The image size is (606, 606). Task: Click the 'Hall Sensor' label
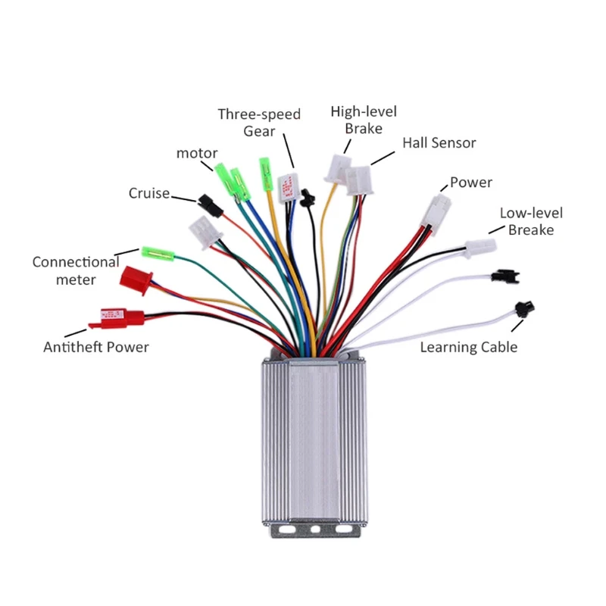(439, 142)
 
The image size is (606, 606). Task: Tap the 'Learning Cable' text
(469, 347)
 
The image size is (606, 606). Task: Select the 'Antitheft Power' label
(95, 347)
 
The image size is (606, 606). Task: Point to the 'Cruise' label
(149, 193)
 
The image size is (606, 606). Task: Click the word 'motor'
(197, 153)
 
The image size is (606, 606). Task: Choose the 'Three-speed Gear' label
(259, 122)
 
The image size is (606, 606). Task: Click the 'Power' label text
(470, 183)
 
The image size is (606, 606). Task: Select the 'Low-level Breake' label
(531, 221)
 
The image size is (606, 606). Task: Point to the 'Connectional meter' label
(76, 270)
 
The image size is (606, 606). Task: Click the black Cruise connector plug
(206, 201)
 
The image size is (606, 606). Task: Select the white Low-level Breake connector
(479, 247)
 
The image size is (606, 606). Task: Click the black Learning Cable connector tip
(520, 309)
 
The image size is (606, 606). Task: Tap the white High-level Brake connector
(336, 167)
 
